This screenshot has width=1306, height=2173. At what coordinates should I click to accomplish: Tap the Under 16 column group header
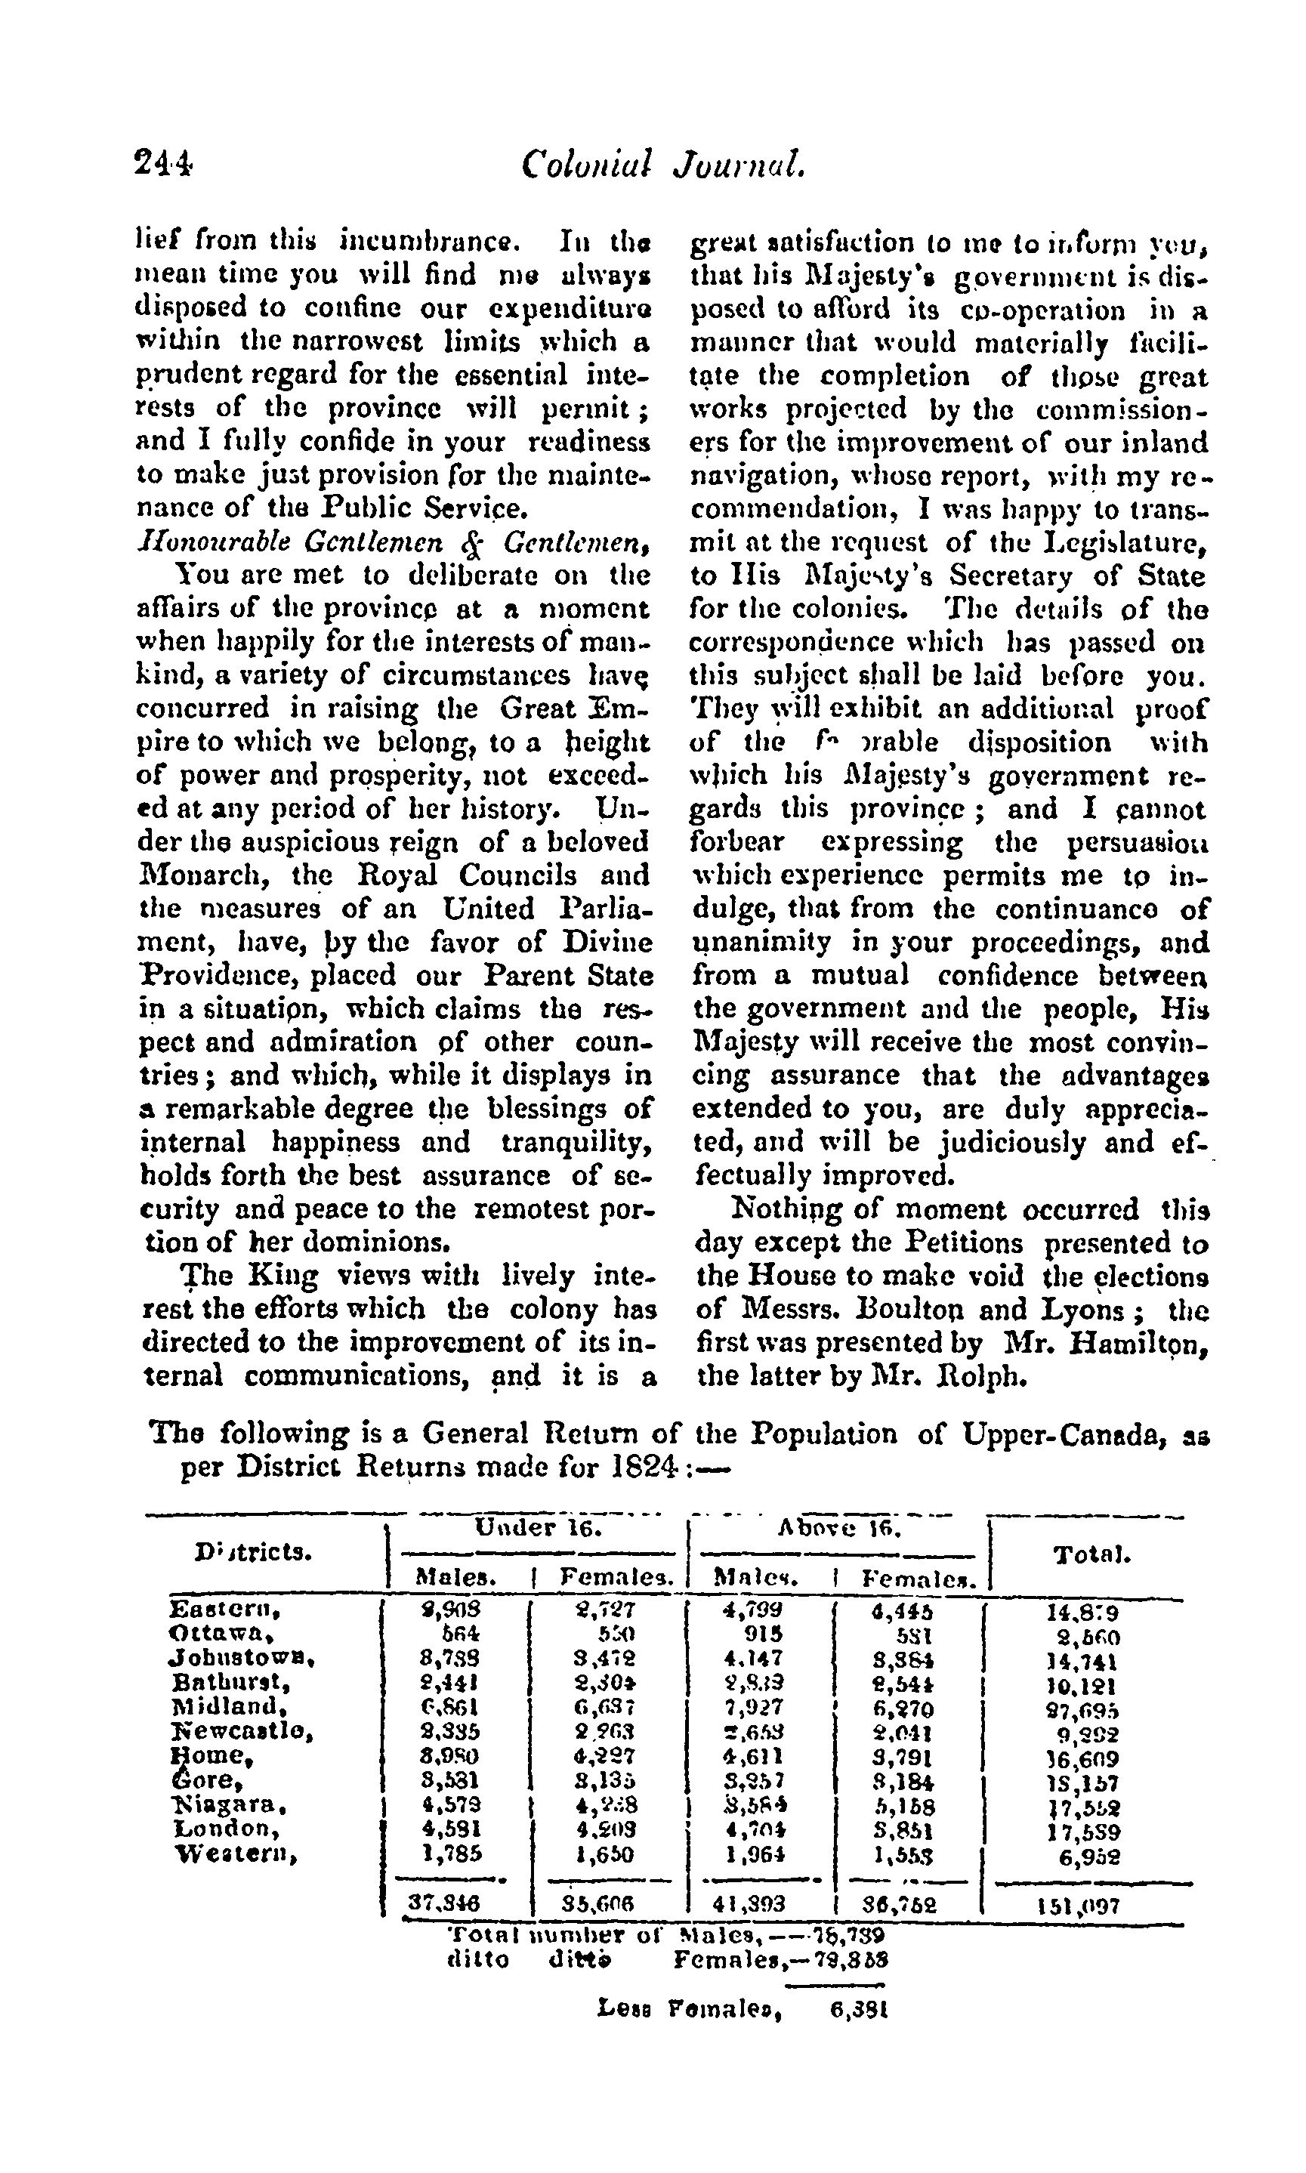pyautogui.click(x=538, y=1528)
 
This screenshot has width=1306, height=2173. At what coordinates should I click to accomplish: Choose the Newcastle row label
pyautogui.click(x=241, y=1731)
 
